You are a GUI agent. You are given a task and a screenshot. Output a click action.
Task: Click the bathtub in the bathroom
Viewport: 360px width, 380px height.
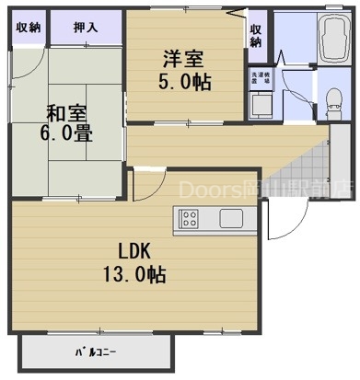click(x=328, y=41)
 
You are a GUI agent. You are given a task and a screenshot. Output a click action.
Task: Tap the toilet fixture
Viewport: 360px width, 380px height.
click(x=331, y=100)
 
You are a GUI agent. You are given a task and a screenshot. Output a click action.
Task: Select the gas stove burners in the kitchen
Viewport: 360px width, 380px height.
click(x=189, y=219)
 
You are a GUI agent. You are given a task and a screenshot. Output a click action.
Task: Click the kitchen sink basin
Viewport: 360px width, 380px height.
click(x=230, y=219)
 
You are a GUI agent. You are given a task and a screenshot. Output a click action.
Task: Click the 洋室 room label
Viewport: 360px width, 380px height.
click(x=182, y=57)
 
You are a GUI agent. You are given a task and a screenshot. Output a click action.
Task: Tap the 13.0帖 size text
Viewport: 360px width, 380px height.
click(x=133, y=274)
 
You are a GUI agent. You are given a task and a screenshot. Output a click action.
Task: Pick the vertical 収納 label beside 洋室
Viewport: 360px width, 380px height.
click(x=255, y=35)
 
